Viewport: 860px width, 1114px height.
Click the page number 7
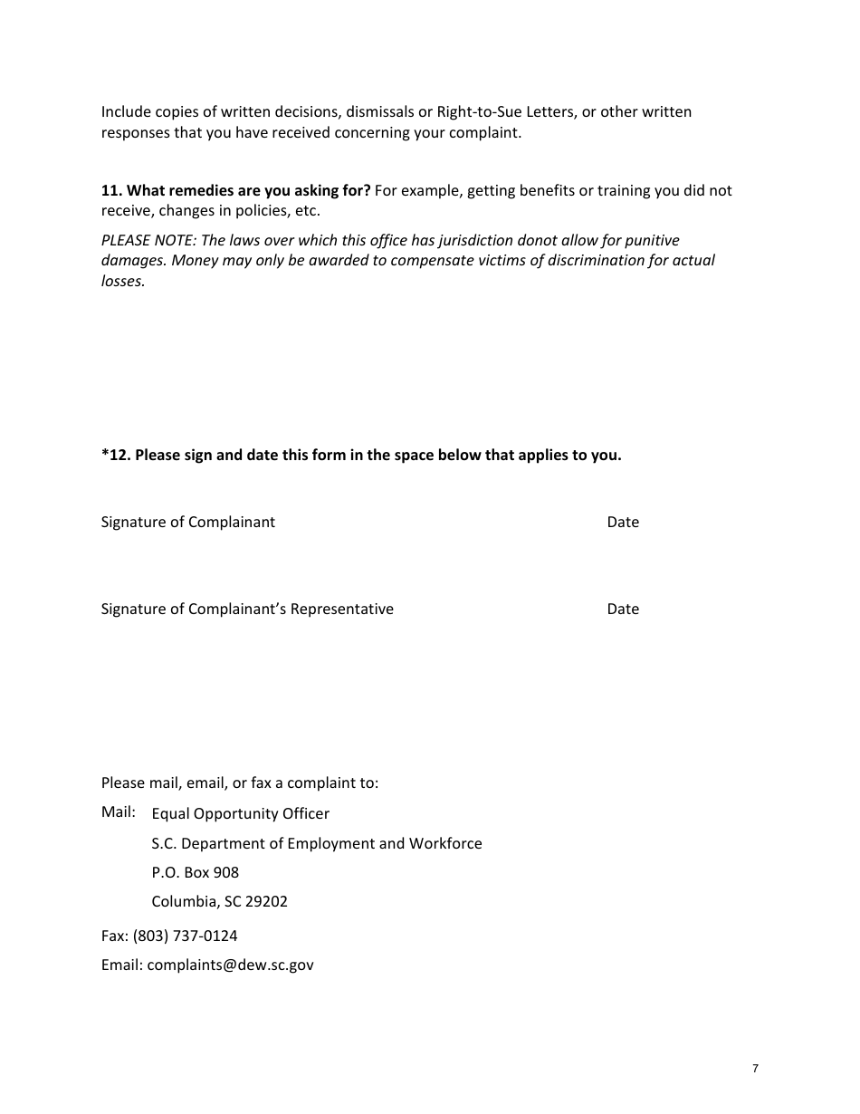[x=755, y=1069]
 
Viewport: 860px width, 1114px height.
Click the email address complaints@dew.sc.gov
[x=230, y=965]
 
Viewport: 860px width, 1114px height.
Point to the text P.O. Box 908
[x=195, y=872]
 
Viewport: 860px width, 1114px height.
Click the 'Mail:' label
[x=119, y=811]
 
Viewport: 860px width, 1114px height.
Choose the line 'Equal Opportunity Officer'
[x=240, y=813]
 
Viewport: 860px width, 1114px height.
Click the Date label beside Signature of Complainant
[x=623, y=522]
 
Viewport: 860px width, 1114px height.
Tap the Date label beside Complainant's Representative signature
[x=623, y=609]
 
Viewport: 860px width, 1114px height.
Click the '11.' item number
[x=111, y=190]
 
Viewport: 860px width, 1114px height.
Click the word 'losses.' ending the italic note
[x=123, y=281]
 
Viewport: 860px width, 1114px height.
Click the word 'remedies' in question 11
[x=183, y=190]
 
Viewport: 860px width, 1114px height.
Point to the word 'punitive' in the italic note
[x=651, y=240]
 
